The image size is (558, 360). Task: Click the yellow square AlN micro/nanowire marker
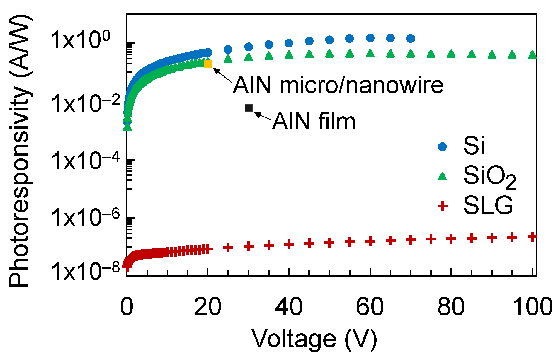pos(208,64)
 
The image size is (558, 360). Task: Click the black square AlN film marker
pos(249,108)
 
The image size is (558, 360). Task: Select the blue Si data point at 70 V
pos(411,38)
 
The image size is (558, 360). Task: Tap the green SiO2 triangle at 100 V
pos(532,55)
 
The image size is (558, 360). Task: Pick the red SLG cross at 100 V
pos(532,236)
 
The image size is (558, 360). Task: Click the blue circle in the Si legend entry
pos(442,146)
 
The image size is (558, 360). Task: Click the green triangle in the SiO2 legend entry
pos(442,176)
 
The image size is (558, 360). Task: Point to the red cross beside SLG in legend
pos(442,206)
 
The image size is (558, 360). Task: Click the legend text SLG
pos(488,206)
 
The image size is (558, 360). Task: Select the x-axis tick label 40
pos(289,307)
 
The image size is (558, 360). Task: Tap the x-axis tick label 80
pos(451,307)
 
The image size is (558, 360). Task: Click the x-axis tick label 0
pos(127,307)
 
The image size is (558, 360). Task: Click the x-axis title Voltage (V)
pos(314,339)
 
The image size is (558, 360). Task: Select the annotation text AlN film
pos(314,121)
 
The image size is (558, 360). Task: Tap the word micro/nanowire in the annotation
pos(361,85)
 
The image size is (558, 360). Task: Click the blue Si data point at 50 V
pos(330,40)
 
